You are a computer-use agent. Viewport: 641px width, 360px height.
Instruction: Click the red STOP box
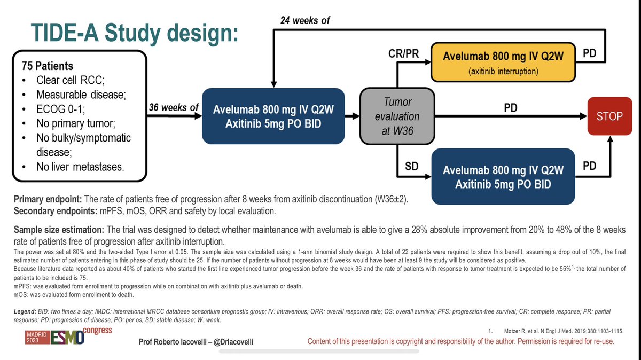[609, 115]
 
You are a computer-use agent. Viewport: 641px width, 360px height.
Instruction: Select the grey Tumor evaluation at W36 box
[396, 116]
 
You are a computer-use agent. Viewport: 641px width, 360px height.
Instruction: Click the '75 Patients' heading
[48, 67]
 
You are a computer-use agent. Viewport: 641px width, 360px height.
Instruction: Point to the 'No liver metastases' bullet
[80, 167]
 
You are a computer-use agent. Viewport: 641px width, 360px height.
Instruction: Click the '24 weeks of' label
[305, 21]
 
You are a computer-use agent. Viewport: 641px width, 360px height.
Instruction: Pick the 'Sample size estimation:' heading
[59, 230]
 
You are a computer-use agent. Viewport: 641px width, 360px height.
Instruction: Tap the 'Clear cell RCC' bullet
[69, 81]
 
